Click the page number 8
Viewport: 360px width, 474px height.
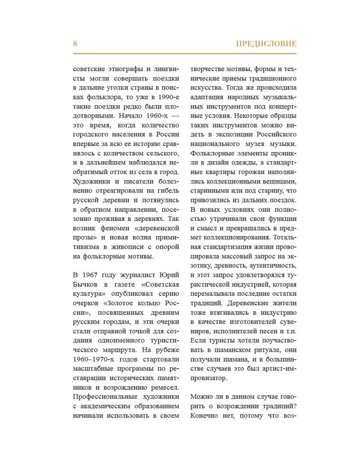coord(75,44)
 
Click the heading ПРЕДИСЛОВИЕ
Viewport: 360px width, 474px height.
coord(266,44)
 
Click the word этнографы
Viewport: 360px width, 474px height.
coord(120,68)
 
